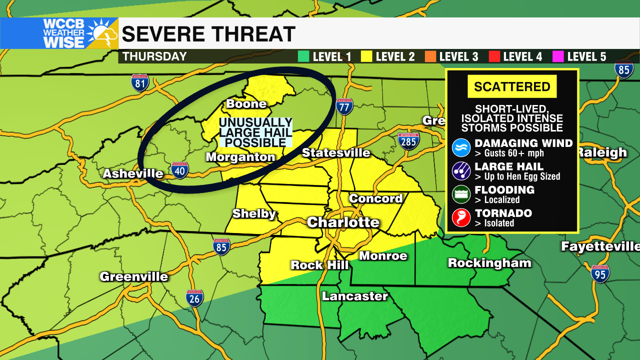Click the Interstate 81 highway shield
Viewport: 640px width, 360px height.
pyautogui.click(x=140, y=82)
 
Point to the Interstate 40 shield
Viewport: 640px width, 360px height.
pyautogui.click(x=179, y=170)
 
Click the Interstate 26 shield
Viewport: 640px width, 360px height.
pyautogui.click(x=194, y=298)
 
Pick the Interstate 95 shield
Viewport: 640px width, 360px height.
pyautogui.click(x=600, y=274)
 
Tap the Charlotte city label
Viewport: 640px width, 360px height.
pyautogui.click(x=343, y=222)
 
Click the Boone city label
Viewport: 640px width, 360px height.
pyautogui.click(x=246, y=104)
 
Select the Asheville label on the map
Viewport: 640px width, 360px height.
pyautogui.click(x=133, y=174)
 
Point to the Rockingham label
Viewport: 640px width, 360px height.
pyautogui.click(x=489, y=263)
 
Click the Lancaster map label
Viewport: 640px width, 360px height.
pyautogui.click(x=354, y=296)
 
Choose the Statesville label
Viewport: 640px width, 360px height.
pyautogui.click(x=336, y=153)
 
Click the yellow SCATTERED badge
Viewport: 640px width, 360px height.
pyautogui.click(x=512, y=86)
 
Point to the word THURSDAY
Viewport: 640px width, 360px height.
pyautogui.click(x=154, y=56)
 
